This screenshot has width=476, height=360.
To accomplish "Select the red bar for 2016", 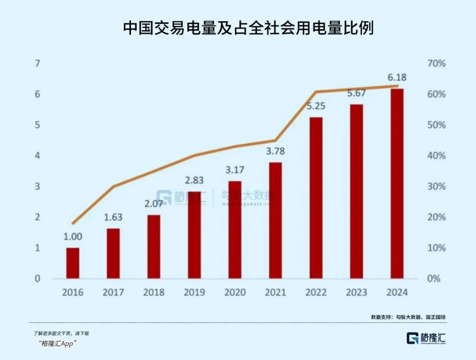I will click(x=73, y=263).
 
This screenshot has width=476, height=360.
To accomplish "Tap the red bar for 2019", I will click(x=194, y=235).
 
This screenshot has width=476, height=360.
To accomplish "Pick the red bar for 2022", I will click(x=316, y=198).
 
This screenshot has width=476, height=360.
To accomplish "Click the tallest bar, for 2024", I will click(x=397, y=184).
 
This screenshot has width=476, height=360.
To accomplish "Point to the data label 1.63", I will click(x=113, y=217).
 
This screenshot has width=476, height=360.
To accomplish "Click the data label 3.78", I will click(x=275, y=151).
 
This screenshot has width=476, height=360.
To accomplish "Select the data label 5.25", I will click(x=316, y=106).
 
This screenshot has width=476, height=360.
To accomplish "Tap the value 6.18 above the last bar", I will click(x=397, y=78).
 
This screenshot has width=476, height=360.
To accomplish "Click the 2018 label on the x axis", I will click(x=154, y=292).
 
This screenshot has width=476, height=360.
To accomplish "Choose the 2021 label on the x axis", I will click(x=275, y=292).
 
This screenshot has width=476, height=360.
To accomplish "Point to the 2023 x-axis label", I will click(x=357, y=292).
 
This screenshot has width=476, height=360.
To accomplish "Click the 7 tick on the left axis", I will click(x=37, y=64).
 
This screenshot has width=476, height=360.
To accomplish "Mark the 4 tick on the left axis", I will click(x=37, y=156).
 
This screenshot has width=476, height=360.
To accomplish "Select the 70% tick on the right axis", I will click(x=436, y=64).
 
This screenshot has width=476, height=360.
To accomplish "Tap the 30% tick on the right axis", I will click(x=436, y=186).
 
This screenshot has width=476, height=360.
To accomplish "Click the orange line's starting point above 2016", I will click(x=73, y=224).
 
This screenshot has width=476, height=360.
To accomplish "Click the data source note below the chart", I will click(x=405, y=317).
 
